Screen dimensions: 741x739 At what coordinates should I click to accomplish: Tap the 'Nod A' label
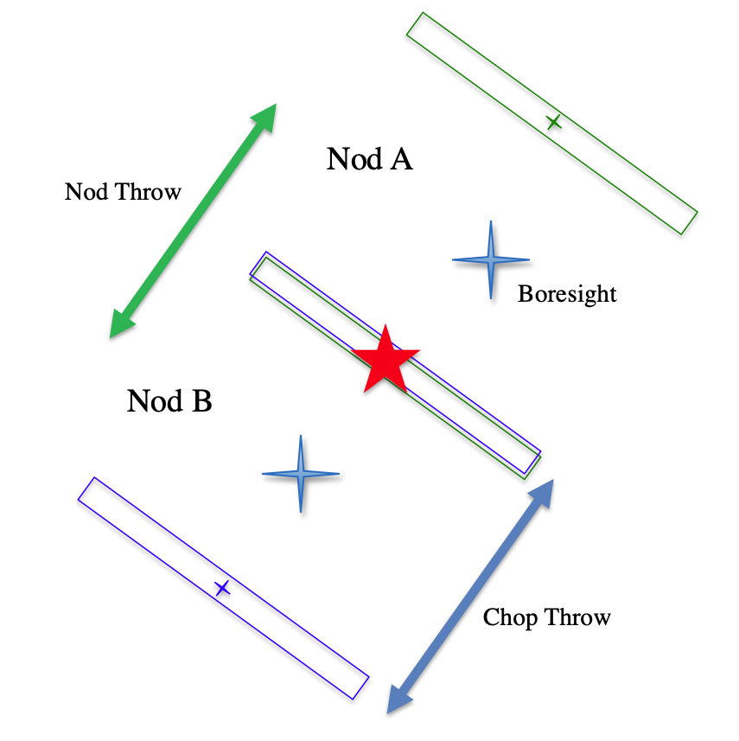(x=369, y=159)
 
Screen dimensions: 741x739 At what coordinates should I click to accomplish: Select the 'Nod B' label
(x=169, y=401)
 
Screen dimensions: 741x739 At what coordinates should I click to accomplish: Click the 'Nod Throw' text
(x=123, y=191)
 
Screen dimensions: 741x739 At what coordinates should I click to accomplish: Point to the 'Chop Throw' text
(x=546, y=617)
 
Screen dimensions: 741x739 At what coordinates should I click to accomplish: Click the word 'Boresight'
(x=567, y=294)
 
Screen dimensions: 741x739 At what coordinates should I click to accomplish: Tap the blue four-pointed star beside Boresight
(x=491, y=259)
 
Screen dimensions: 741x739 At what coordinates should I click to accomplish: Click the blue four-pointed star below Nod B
(x=300, y=474)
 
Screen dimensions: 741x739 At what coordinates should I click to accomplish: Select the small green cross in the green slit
(x=554, y=123)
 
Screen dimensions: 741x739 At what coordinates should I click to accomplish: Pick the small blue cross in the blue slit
(x=223, y=588)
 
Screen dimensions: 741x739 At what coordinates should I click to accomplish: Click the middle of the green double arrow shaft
(x=193, y=220)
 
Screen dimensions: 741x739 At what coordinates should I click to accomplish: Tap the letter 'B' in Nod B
(x=201, y=401)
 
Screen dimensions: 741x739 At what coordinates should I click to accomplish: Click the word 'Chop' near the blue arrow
(x=506, y=617)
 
